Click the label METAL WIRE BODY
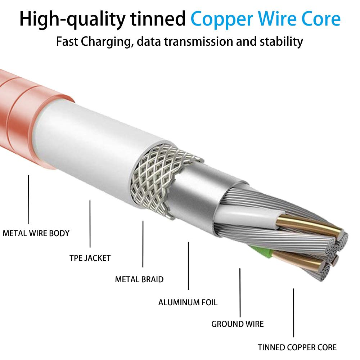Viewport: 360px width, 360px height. [36, 233]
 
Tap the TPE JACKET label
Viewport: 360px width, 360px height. [90, 258]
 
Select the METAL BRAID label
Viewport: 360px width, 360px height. [139, 279]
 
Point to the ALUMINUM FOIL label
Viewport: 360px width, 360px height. [188, 302]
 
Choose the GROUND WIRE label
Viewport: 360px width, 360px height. [237, 324]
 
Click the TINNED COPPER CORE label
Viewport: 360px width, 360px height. [297, 347]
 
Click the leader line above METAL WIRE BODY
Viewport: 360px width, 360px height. [29, 199]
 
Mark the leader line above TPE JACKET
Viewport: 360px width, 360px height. [90, 224]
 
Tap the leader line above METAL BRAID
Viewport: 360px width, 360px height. [143, 244]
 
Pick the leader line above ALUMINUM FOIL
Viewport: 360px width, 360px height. [189, 266]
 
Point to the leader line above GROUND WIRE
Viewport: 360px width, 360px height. [240, 292]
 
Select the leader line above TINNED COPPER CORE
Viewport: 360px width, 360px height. [293, 313]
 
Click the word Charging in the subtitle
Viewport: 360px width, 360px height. [107, 42]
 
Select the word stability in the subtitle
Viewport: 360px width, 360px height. [281, 42]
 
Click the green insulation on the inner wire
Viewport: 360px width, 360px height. [262, 252]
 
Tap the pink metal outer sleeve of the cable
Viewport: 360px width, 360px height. [25, 115]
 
